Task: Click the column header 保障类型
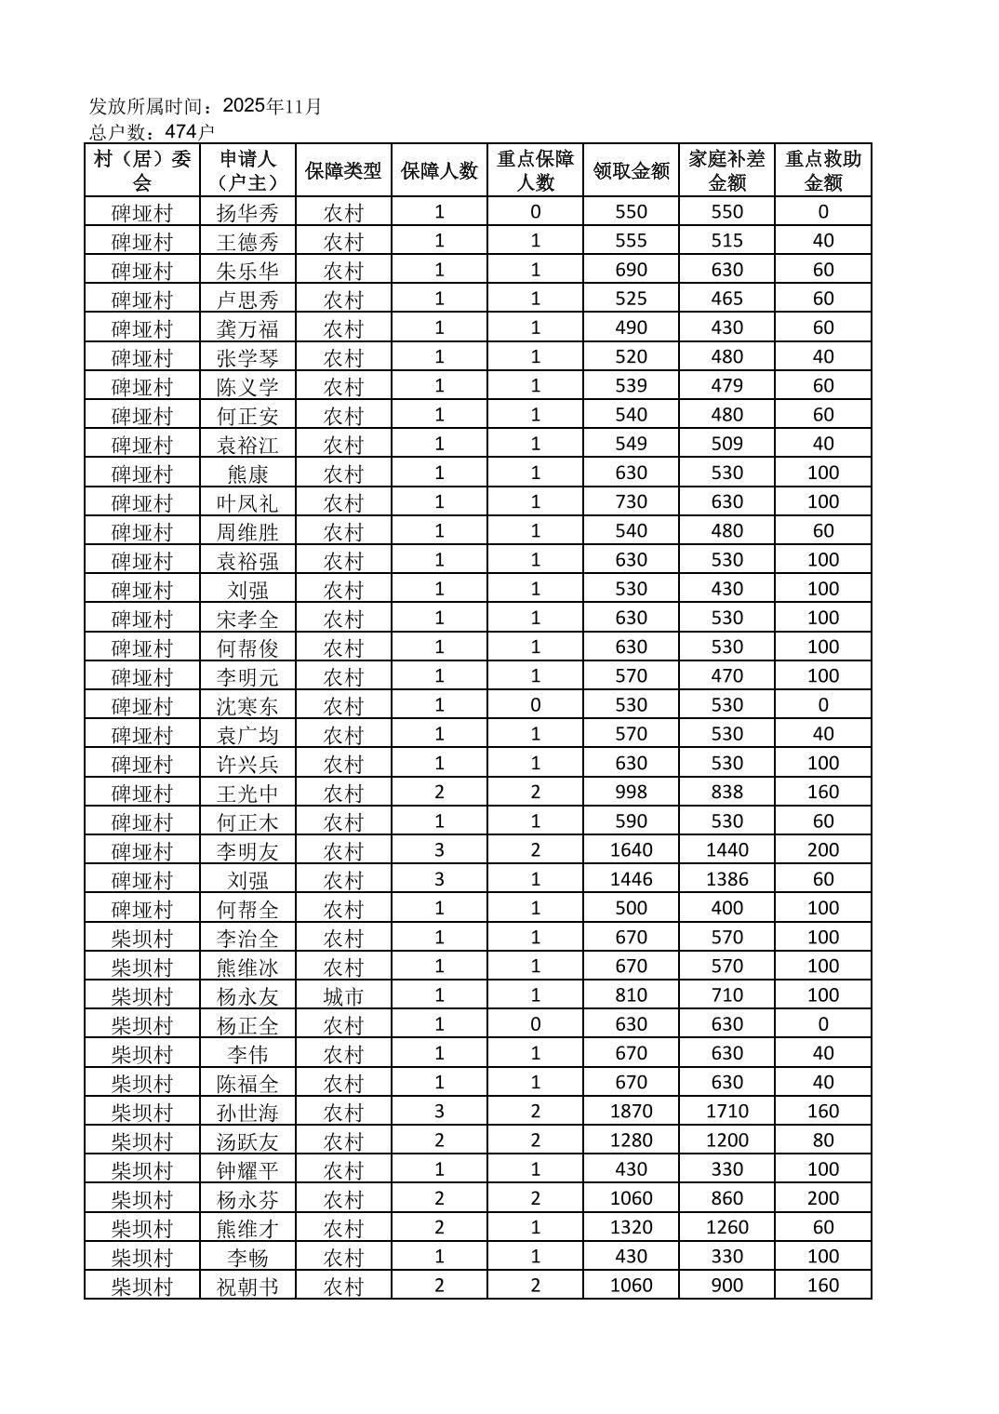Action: [343, 170]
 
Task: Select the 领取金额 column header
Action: [631, 170]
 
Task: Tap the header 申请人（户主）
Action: [247, 170]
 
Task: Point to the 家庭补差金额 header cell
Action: [726, 170]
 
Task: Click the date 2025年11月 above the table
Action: [272, 106]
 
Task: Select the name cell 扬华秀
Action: [247, 212]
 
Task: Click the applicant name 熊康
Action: [247, 474]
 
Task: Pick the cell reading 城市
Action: [343, 996]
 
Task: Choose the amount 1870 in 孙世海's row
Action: [631, 1112]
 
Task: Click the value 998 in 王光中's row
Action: [631, 793]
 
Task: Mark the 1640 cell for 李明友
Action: [631, 850]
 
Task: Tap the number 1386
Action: [726, 879]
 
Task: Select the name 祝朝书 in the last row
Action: [247, 1286]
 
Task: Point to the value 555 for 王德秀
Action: [631, 241]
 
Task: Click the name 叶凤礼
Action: [247, 502]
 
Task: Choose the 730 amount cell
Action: [631, 502]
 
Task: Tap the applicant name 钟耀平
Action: [247, 1169]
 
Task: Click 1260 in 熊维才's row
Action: [726, 1228]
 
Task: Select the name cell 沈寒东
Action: [247, 705]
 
